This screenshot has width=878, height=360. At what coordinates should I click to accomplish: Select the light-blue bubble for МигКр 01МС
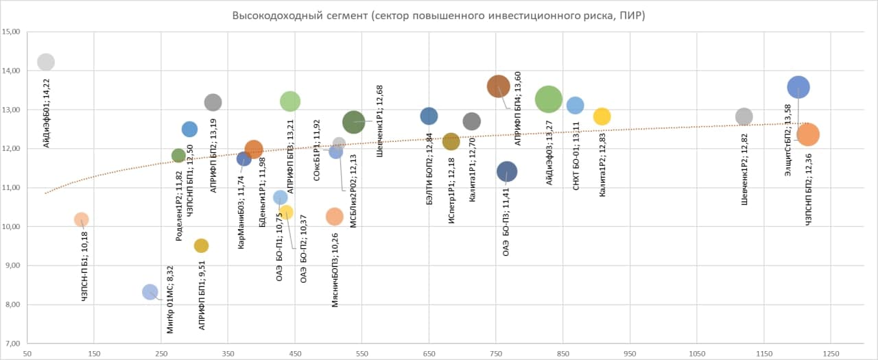pyautogui.click(x=150, y=292)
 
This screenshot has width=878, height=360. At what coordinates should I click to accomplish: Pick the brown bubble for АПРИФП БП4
pyautogui.click(x=499, y=86)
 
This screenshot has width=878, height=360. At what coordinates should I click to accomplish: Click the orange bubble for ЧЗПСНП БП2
pyautogui.click(x=808, y=134)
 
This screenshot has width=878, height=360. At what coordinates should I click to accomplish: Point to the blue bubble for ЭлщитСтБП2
pyautogui.click(x=798, y=87)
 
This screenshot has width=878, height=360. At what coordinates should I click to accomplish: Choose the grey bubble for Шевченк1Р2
pyautogui.click(x=744, y=117)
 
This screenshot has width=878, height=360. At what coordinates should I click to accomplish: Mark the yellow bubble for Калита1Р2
pyautogui.click(x=602, y=117)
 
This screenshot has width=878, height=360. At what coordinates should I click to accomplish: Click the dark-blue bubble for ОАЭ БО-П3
pyautogui.click(x=507, y=171)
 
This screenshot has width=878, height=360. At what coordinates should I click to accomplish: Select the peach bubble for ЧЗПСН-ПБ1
pyautogui.click(x=81, y=219)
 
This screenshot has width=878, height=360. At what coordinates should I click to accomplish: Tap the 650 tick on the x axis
pyautogui.click(x=429, y=353)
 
